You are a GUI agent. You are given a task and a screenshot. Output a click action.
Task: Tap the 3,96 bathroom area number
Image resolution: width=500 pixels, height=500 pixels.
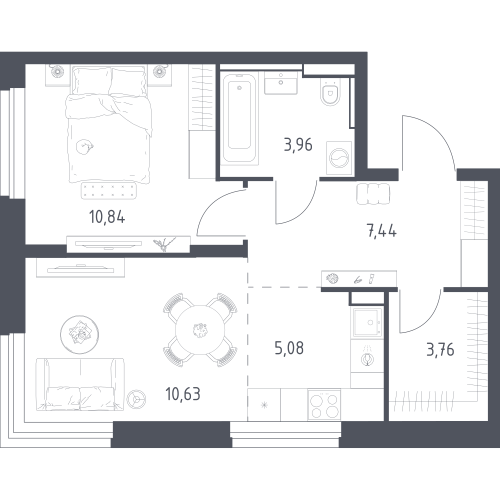click(298, 145)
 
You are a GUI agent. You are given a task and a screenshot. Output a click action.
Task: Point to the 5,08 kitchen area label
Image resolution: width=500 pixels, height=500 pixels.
click(289, 348)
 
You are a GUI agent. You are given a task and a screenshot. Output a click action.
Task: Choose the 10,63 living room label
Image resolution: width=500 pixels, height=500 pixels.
click(183, 394)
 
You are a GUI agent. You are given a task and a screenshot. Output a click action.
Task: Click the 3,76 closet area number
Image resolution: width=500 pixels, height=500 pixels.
click(440, 350)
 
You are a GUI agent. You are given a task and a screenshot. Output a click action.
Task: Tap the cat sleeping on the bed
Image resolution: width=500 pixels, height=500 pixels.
click(84, 146)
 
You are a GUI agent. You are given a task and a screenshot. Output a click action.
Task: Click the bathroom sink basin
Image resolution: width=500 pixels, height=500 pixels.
click(280, 83)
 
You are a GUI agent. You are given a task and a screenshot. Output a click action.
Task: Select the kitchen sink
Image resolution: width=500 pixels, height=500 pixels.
click(367, 322)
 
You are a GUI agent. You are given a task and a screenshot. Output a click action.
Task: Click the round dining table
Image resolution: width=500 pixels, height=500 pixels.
click(200, 330)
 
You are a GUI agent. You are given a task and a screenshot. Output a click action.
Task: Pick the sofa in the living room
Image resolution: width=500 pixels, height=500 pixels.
click(79, 385)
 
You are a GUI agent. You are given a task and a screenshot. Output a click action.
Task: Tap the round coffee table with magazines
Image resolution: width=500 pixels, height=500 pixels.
click(79, 334)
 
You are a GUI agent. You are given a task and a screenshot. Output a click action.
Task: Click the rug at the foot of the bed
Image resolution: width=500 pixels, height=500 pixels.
click(108, 190)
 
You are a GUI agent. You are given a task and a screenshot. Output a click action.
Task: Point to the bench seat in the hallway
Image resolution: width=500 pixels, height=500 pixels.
click(373, 194)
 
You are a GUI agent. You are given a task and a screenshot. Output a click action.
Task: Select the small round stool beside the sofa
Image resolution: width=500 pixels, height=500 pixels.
click(136, 399)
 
